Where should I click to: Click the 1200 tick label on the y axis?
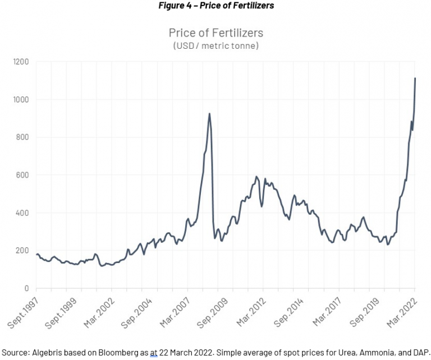pos(21,62)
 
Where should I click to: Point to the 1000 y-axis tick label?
pos(21,99)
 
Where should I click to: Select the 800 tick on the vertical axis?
pos(23,137)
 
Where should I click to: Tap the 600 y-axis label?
pos(23,175)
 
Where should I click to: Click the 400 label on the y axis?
pos(23,213)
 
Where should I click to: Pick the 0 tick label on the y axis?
pos(27,288)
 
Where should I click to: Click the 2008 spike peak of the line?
pos(209,114)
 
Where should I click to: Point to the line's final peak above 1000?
pos(415,78)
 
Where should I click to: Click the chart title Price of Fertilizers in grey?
pos(215,33)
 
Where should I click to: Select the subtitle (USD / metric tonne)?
pos(215,46)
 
